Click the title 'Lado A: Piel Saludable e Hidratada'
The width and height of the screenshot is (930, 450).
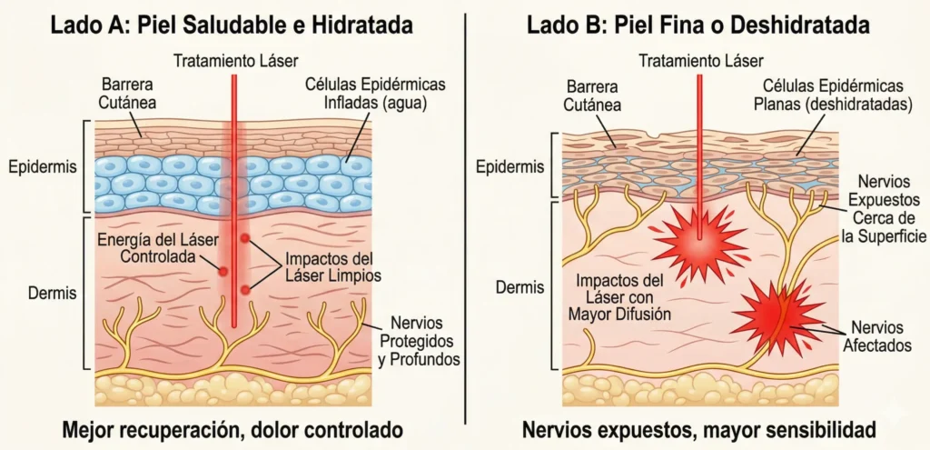coord(232,25)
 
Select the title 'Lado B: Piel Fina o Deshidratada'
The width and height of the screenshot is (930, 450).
coord(697,25)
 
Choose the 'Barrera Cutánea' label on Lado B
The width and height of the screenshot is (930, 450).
coord(592,95)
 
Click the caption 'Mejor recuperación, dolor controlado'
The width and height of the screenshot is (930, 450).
coord(231,427)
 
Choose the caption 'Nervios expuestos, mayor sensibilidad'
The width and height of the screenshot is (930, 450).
coord(697,427)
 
